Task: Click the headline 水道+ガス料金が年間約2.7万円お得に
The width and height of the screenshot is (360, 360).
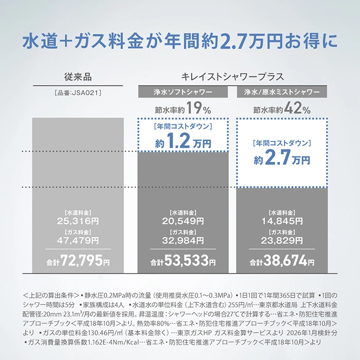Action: [x=179, y=41]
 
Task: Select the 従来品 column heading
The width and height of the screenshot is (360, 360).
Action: [x=78, y=77]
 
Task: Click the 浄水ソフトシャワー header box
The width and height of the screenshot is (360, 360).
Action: [x=183, y=93]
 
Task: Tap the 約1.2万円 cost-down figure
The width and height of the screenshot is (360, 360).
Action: [x=183, y=143]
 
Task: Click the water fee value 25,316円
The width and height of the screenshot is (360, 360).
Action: [x=78, y=221]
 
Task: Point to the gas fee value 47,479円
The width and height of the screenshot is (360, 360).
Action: [x=78, y=240]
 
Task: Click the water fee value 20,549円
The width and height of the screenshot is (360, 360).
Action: [x=183, y=221]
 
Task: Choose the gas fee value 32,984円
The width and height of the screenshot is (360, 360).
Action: [x=183, y=240]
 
